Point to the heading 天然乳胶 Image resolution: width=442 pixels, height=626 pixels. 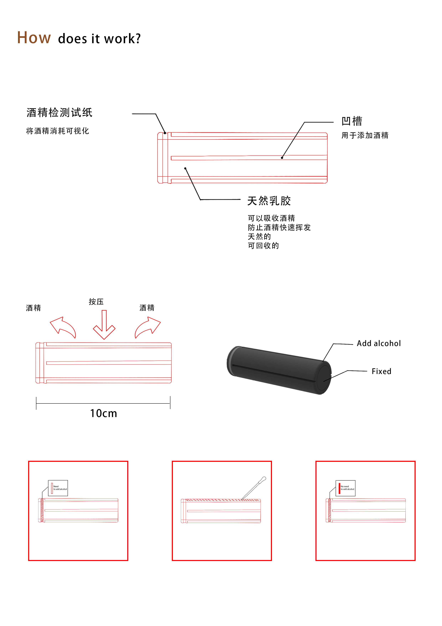[269, 201]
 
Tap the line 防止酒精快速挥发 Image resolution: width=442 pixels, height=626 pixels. [279, 227]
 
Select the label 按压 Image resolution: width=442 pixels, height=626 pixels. [96, 302]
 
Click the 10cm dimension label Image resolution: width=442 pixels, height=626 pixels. [104, 413]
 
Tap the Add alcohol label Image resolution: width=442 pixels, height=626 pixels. [379, 344]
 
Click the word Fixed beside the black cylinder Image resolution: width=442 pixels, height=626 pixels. [381, 371]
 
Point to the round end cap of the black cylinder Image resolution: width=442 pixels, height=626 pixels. [323, 377]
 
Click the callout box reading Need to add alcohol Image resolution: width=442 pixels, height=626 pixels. [58, 488]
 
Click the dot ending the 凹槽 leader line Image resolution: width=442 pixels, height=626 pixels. [282, 158]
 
